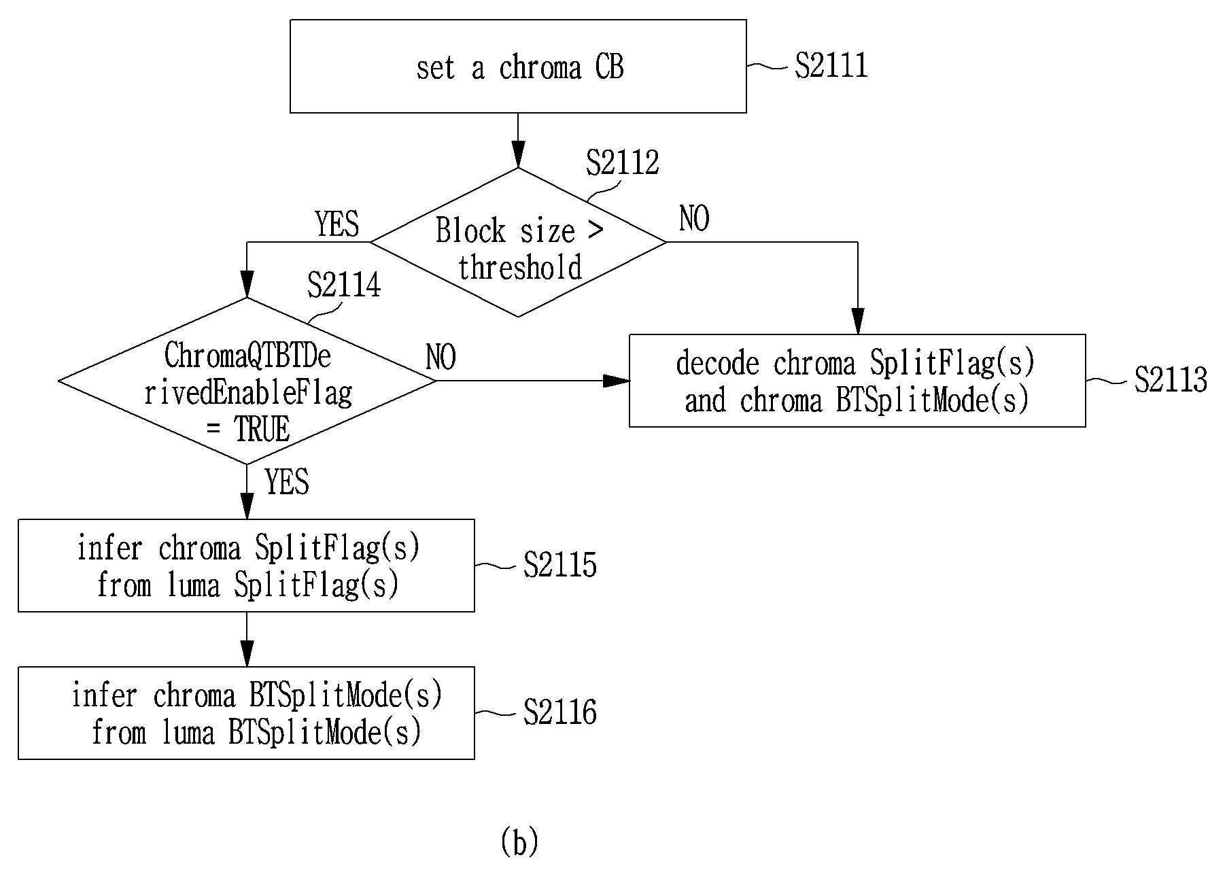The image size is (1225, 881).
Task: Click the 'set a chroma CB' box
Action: tap(518, 66)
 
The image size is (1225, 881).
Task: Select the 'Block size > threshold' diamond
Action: tap(518, 242)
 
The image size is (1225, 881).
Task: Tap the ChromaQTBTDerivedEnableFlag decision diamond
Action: tap(247, 381)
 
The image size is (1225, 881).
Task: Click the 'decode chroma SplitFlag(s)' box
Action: tap(857, 381)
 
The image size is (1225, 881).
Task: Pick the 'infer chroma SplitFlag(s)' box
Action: tap(246, 566)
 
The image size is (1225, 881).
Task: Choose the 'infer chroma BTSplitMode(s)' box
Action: tap(246, 713)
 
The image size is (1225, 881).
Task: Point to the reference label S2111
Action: tap(831, 66)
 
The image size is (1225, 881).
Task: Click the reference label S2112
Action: tap(623, 162)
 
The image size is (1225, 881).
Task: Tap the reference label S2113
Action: tap(1171, 380)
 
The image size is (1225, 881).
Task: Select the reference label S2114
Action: tap(344, 285)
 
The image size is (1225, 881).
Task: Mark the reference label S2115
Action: tap(560, 565)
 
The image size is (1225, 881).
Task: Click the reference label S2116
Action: tap(560, 712)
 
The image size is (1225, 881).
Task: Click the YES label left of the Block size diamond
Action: tap(337, 224)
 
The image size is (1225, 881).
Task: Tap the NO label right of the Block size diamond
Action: tap(694, 219)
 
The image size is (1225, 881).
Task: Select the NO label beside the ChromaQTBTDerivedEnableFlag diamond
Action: tap(441, 358)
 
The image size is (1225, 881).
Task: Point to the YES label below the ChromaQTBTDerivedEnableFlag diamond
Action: tap(287, 482)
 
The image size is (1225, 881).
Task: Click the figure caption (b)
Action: tap(519, 842)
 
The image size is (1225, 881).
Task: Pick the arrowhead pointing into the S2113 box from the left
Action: tap(617, 381)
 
